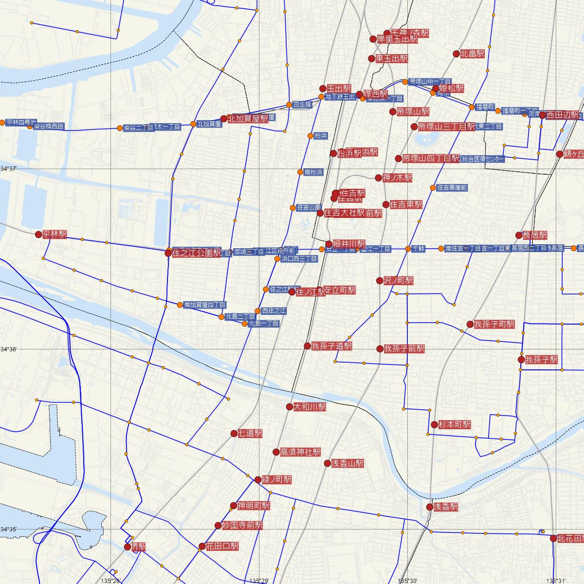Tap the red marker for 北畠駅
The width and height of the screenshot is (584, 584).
456,54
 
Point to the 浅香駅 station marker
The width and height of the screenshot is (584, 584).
429,507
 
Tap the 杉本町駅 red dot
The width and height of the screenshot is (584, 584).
434,424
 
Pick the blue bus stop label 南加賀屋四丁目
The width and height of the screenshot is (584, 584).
205,305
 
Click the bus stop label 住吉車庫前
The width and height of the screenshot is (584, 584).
452,187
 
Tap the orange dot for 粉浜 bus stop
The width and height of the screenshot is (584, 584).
310,136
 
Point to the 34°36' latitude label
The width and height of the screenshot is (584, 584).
8,349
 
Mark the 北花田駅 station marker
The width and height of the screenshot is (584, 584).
553,538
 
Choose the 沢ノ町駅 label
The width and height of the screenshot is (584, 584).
399,280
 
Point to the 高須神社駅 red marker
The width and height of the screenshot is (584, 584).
276,452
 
